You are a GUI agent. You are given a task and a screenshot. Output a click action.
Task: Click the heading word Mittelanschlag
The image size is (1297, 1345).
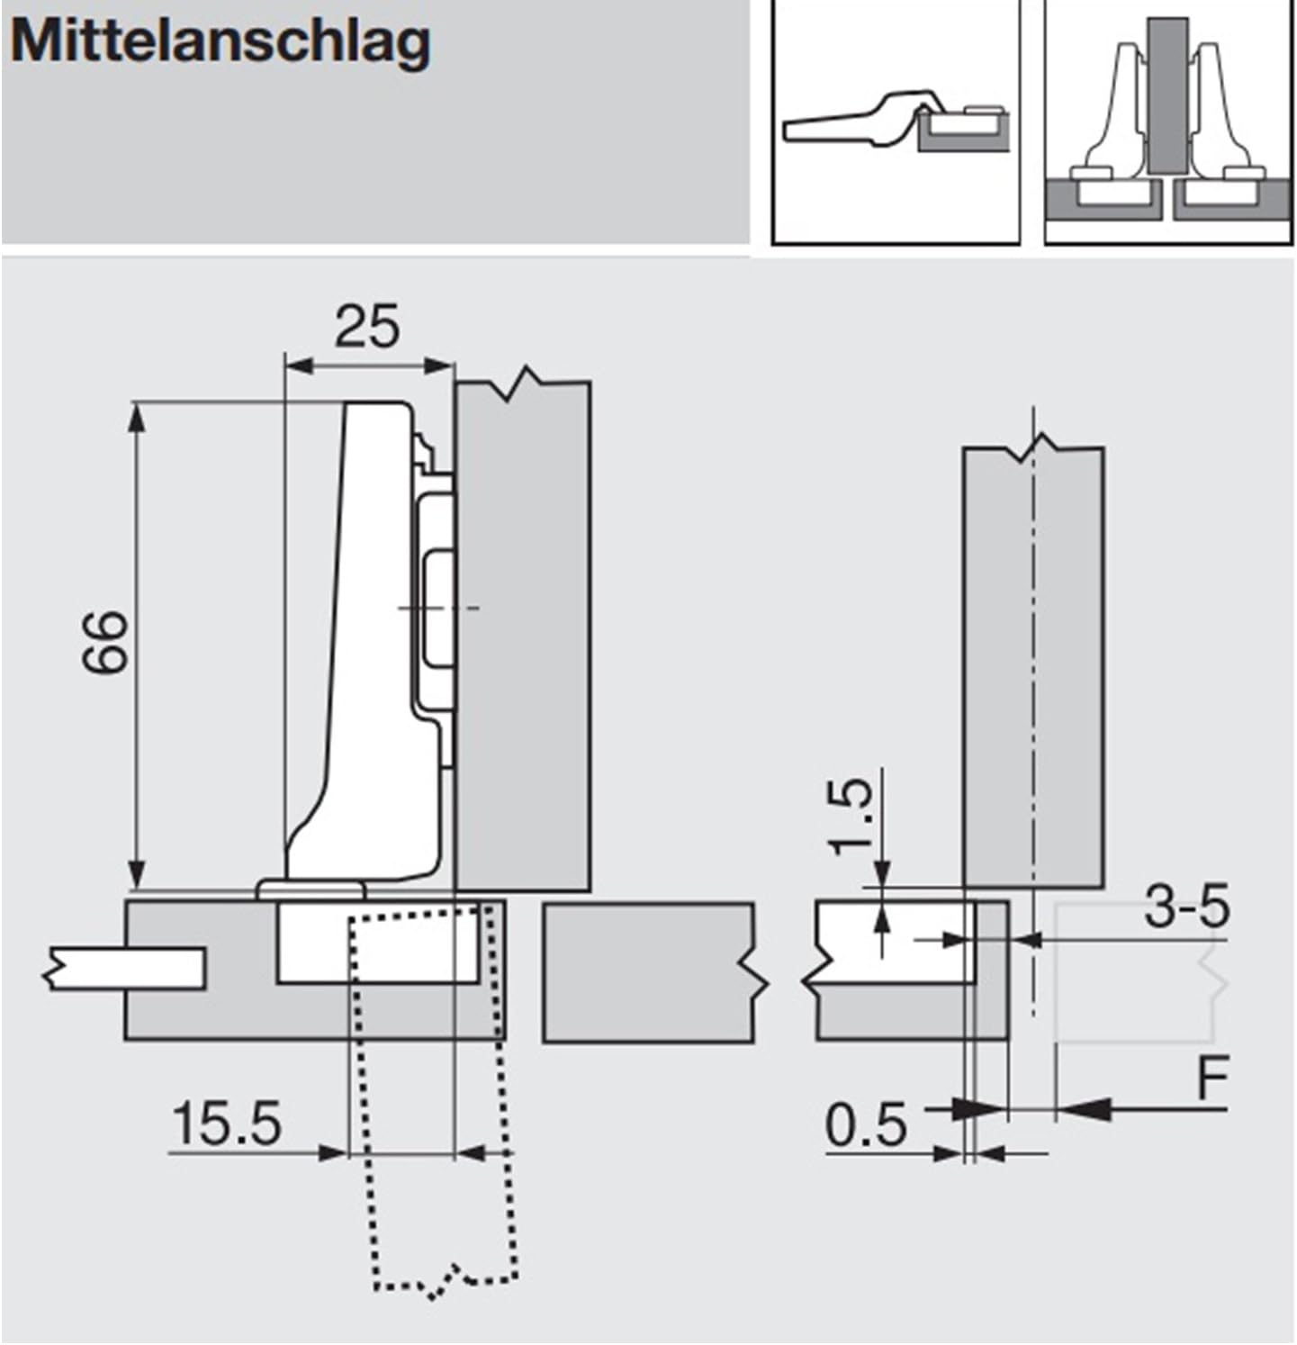[x=221, y=42]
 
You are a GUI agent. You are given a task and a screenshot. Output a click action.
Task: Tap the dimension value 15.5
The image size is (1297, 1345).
[x=226, y=1124]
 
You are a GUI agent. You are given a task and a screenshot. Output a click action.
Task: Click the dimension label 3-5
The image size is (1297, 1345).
[x=1186, y=907]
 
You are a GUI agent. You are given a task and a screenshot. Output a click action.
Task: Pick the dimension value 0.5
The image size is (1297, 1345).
[x=866, y=1125]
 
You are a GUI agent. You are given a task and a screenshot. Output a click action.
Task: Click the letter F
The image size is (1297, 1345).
[x=1212, y=1079]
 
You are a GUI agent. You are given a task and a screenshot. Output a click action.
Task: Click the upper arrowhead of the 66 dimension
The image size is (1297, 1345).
[x=137, y=418]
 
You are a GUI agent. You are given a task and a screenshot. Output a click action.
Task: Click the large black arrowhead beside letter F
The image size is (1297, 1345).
[x=1085, y=1109]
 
